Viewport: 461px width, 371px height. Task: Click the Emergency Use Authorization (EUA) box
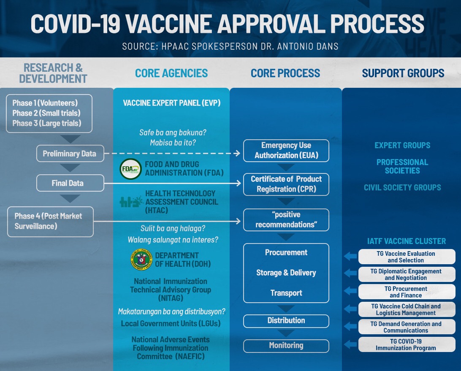tap(286, 150)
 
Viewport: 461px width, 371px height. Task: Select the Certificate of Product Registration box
tap(286, 184)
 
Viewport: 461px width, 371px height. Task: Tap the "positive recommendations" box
tap(286, 219)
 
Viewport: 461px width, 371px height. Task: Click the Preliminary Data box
tap(69, 154)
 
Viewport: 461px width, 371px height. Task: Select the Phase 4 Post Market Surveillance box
tap(50, 221)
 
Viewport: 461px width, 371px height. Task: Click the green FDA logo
tap(130, 169)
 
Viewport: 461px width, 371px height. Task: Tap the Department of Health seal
tap(141, 260)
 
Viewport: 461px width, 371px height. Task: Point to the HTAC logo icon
tap(130, 201)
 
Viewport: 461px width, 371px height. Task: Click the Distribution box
tap(286, 321)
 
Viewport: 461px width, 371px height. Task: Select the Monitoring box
tap(286, 346)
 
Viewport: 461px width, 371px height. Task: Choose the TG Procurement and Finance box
tap(407, 292)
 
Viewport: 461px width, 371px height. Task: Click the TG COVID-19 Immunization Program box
tap(407, 344)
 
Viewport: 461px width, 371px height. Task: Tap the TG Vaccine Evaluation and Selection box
tap(407, 257)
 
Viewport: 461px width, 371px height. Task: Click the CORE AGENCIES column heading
tap(171, 73)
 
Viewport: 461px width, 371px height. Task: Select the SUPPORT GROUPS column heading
tap(403, 73)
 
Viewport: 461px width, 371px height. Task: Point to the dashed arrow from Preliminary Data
tap(173, 154)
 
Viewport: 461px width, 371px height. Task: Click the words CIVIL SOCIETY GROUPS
tap(402, 187)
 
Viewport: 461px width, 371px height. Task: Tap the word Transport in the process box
tap(286, 293)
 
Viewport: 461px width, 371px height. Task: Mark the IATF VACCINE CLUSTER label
tap(407, 241)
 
